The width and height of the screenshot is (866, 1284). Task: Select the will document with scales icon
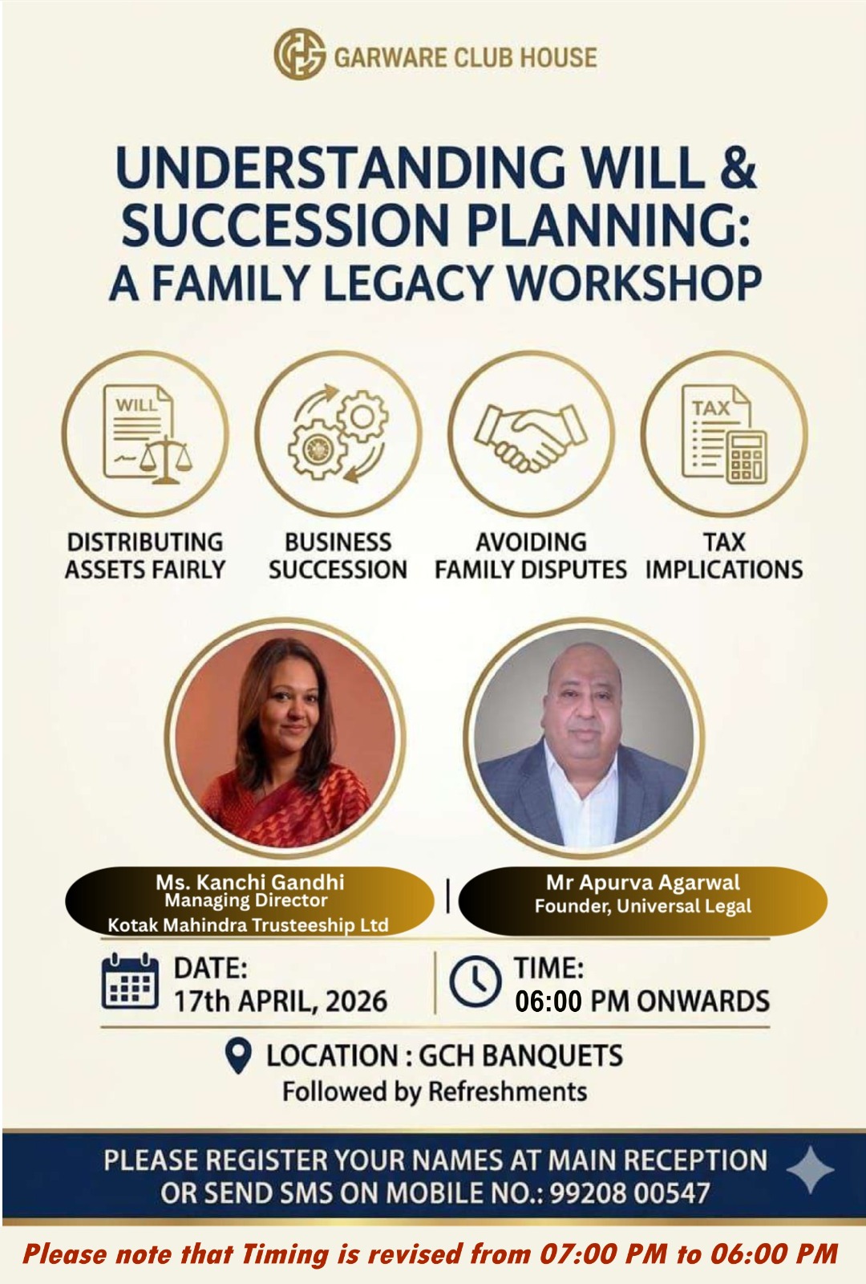tap(146, 433)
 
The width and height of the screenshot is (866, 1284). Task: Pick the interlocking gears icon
tap(338, 433)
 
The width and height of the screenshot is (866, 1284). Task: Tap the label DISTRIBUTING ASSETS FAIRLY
tap(145, 555)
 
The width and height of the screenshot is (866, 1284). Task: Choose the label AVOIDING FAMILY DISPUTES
tap(530, 555)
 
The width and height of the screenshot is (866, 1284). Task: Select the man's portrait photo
tap(585, 738)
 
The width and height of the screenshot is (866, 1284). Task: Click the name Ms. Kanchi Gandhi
tap(249, 882)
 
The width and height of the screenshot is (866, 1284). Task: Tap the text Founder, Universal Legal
tap(642, 906)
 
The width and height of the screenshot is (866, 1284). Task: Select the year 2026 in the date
tap(356, 1001)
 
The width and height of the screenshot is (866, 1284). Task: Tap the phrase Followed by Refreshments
tap(435, 1091)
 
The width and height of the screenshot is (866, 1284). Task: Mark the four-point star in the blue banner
tap(811, 1171)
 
